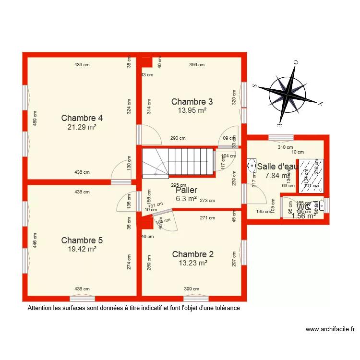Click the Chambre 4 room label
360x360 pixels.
82,118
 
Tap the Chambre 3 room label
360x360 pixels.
192,102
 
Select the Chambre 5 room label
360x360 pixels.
82,240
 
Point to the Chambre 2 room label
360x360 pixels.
193,254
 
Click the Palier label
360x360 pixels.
186,190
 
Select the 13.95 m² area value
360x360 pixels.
192,110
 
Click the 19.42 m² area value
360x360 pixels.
82,249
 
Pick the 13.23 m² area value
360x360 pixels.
193,263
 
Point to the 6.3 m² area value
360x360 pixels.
186,198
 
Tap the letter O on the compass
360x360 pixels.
296,62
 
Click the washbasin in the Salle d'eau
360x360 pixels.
252,166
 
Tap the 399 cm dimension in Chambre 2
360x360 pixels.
192,289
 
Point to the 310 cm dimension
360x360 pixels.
285,147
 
